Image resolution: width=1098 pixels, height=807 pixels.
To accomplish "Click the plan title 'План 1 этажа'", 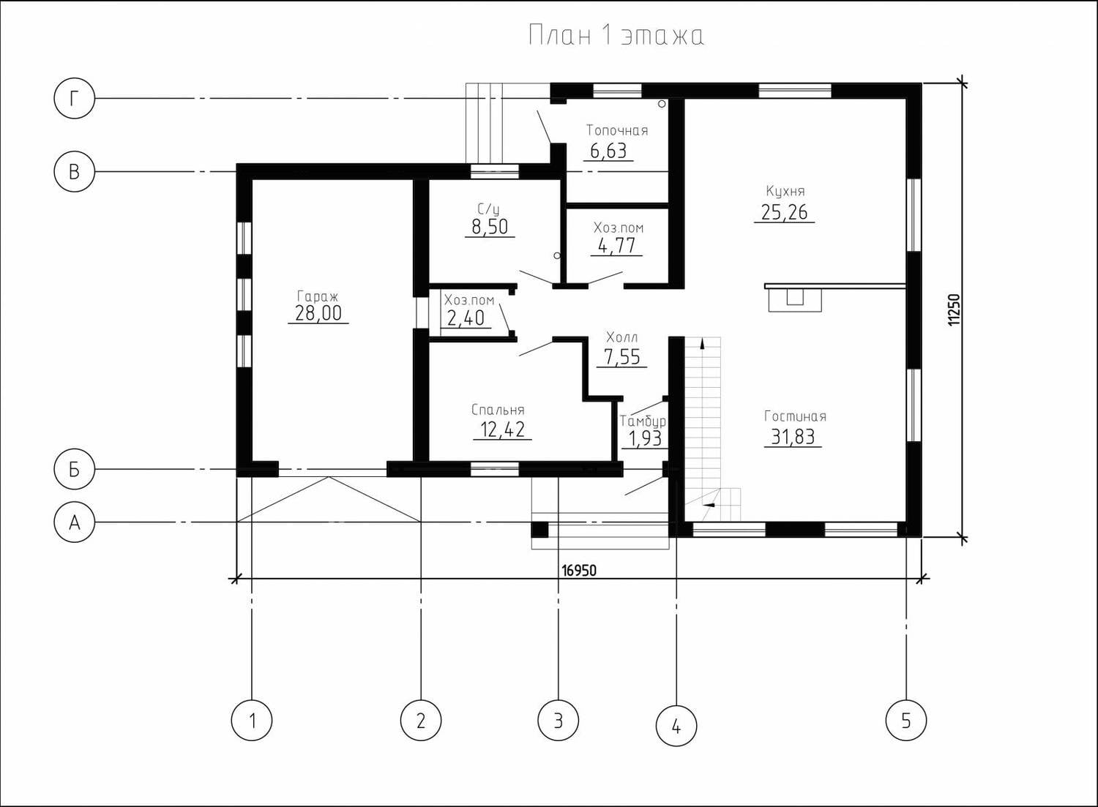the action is coord(616,36).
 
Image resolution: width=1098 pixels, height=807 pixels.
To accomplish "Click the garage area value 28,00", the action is coord(318,312).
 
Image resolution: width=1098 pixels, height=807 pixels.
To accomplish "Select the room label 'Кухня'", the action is coord(785,191).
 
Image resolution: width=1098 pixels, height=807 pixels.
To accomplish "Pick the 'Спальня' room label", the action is coord(498,410).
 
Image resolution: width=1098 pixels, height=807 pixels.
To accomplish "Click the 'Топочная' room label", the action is coord(617,130).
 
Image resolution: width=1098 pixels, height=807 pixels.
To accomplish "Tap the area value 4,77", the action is coord(616,246).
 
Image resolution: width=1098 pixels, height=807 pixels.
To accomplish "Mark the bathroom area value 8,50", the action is coord(490,227).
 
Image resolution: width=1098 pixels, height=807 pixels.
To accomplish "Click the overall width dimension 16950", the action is coord(579,571).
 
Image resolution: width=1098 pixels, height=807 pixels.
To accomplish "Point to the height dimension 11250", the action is coord(953,309).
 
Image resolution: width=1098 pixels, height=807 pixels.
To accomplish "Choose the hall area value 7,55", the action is coord(622,357).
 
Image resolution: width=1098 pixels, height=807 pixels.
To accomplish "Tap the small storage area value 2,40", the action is coord(466,318).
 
